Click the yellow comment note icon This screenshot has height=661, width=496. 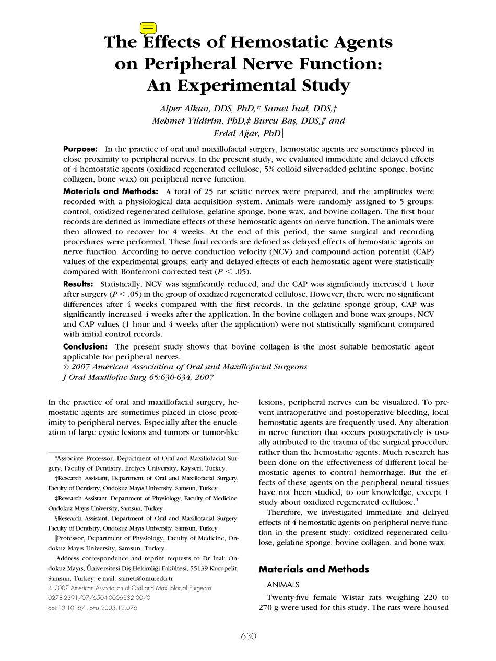[148, 29]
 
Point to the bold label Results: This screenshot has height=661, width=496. [78, 284]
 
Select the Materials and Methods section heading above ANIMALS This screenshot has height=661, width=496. [314, 569]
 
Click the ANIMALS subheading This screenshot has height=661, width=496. [283, 585]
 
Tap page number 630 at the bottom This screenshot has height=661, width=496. [249, 636]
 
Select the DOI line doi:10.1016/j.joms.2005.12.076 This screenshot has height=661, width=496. [93, 608]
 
